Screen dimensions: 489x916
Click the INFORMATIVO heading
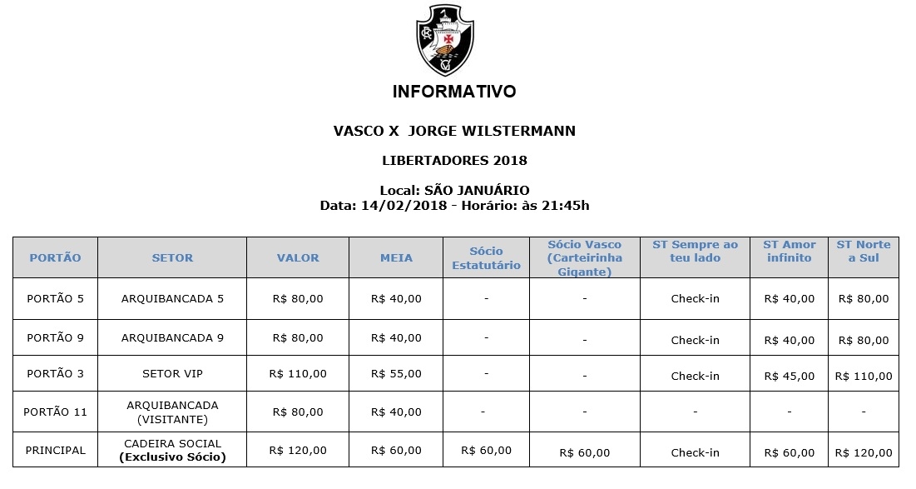click(x=454, y=92)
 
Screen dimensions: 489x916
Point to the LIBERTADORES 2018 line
click(x=454, y=160)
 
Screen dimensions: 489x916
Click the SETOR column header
click(x=172, y=258)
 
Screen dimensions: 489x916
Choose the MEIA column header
click(x=396, y=258)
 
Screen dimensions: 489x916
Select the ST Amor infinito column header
click(x=789, y=251)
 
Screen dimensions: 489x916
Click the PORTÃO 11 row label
click(x=55, y=412)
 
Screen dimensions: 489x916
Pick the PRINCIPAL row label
click(x=55, y=450)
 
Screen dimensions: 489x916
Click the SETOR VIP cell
click(x=172, y=374)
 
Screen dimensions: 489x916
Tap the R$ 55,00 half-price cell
click(x=396, y=374)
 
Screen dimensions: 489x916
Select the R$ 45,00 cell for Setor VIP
click(x=789, y=376)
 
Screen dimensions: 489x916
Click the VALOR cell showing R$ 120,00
click(x=298, y=450)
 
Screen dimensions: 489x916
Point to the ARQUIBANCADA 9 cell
click(x=172, y=338)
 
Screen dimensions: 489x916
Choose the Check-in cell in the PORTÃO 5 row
click(x=695, y=299)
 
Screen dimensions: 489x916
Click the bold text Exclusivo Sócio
click(x=172, y=457)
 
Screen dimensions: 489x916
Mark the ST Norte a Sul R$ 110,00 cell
click(x=863, y=376)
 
